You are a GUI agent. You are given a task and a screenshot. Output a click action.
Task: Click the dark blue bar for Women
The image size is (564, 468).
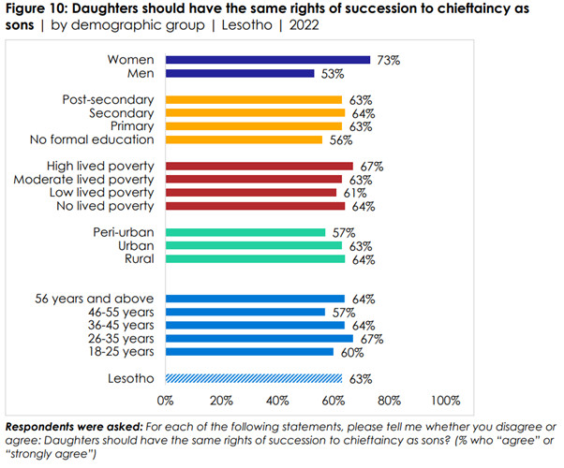267,60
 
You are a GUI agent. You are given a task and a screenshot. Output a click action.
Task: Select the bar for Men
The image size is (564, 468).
240,73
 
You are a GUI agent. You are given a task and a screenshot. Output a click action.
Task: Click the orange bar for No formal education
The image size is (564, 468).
244,139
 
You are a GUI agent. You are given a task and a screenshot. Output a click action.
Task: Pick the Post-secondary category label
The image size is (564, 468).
107,99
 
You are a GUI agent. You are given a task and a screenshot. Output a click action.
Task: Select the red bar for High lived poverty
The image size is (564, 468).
259,166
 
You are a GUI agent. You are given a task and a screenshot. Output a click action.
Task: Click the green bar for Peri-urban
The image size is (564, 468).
245,232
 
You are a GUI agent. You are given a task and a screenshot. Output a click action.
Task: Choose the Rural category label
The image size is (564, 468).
137,258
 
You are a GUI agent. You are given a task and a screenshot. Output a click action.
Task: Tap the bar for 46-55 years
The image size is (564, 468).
245,312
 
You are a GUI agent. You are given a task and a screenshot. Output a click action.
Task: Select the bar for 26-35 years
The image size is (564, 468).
259,338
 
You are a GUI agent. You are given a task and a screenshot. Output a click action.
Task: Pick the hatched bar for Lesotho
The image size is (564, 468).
254,378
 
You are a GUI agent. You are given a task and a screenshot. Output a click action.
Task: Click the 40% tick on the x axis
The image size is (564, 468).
277,402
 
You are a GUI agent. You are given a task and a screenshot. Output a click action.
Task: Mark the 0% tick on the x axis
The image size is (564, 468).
166,402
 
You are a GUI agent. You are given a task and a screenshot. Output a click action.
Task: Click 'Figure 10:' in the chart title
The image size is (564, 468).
38,9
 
